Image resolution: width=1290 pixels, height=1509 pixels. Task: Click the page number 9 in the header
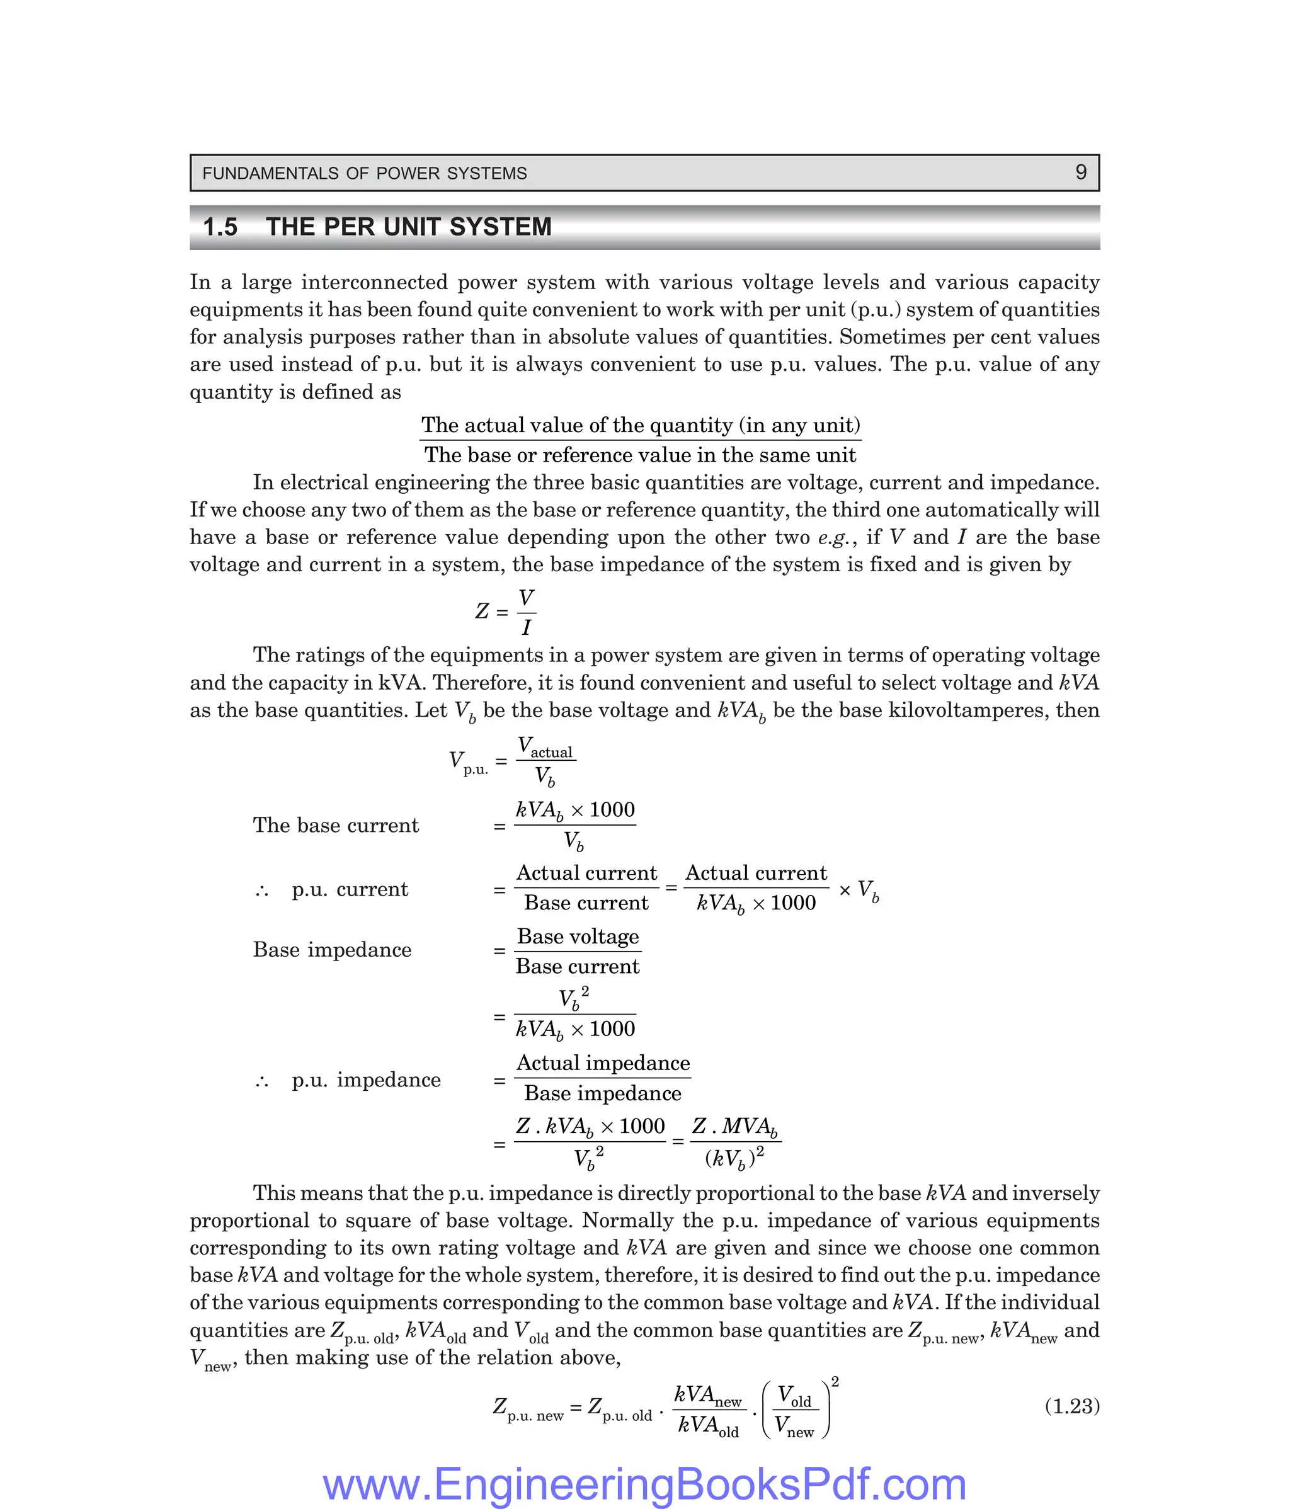tap(1080, 173)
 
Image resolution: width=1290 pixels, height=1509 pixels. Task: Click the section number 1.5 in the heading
tap(220, 227)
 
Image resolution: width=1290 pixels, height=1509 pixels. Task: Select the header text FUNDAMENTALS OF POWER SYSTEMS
tap(364, 173)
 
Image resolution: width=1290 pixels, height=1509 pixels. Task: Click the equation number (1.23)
tap(1071, 1406)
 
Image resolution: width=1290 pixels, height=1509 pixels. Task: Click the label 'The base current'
tap(336, 825)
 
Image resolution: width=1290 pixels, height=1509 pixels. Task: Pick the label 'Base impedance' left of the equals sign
tap(332, 950)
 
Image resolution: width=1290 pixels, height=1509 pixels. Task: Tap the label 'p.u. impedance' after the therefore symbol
tap(367, 1079)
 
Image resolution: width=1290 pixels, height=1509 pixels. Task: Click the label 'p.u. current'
tap(350, 889)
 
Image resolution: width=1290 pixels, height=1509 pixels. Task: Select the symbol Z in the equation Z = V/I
tap(481, 611)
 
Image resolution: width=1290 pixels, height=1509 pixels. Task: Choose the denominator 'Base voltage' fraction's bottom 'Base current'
tap(578, 967)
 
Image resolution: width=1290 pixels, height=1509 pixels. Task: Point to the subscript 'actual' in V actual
tap(551, 753)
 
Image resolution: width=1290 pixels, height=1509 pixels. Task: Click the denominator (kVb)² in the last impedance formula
tap(734, 1157)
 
